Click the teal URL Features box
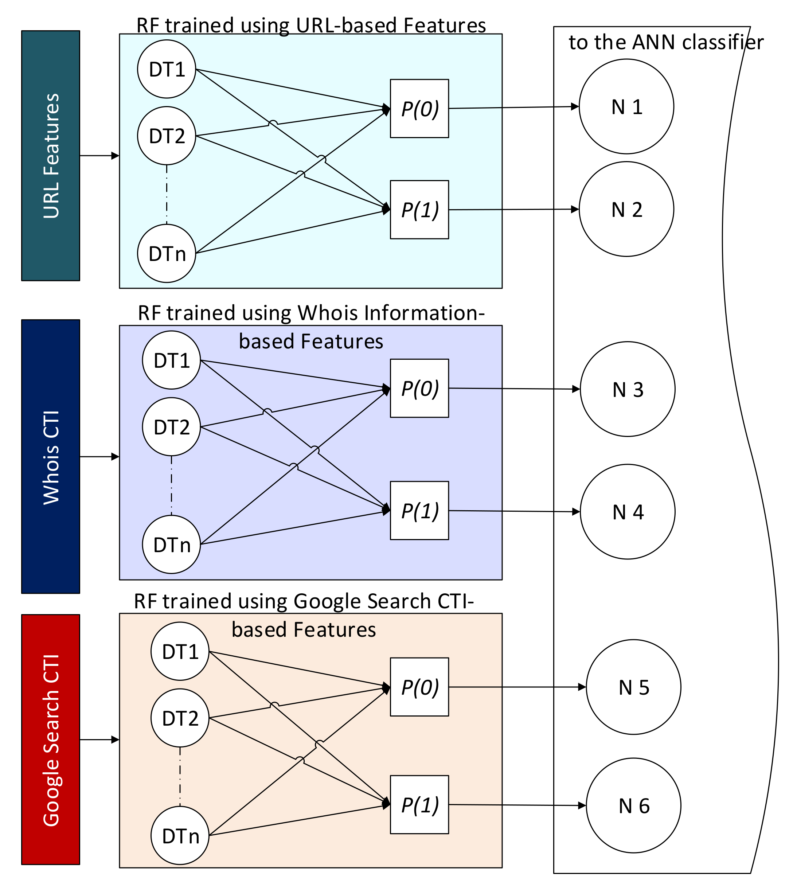point(51,156)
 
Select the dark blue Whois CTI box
point(51,456)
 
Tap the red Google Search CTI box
point(51,739)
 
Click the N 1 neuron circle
point(626,106)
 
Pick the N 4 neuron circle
point(628,512)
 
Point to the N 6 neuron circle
point(633,805)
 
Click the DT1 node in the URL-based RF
point(167,69)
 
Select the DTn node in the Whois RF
point(171,544)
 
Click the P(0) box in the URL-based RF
point(419,109)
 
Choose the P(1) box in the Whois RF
point(419,510)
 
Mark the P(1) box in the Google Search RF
point(419,804)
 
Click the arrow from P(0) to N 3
point(514,389)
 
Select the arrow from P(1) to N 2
point(514,210)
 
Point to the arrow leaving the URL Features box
point(99,156)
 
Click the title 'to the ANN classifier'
point(666,42)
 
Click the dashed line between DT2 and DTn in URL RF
point(167,194)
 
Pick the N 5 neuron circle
point(633,687)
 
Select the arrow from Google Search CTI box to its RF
point(99,739)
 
